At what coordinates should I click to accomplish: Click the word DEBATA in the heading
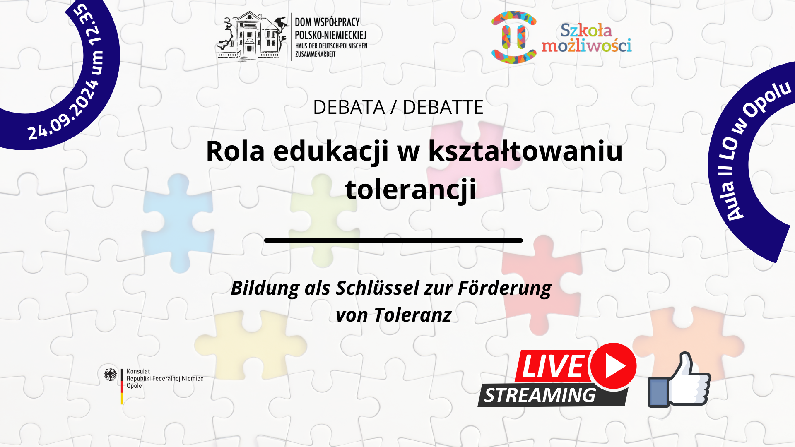349,107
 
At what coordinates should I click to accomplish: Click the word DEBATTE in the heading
443,107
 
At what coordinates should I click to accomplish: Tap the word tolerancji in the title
411,189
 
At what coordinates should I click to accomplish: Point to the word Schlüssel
377,288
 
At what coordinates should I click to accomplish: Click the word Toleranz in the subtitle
412,315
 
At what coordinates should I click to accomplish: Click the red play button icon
613,366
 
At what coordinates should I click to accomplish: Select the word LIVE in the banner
553,366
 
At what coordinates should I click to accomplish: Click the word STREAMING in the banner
540,396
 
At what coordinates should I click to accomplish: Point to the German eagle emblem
111,375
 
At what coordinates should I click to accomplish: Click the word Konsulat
138,371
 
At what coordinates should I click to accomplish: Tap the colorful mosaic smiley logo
514,37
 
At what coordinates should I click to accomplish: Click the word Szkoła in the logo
586,30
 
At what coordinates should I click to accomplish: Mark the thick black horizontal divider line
393,240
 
